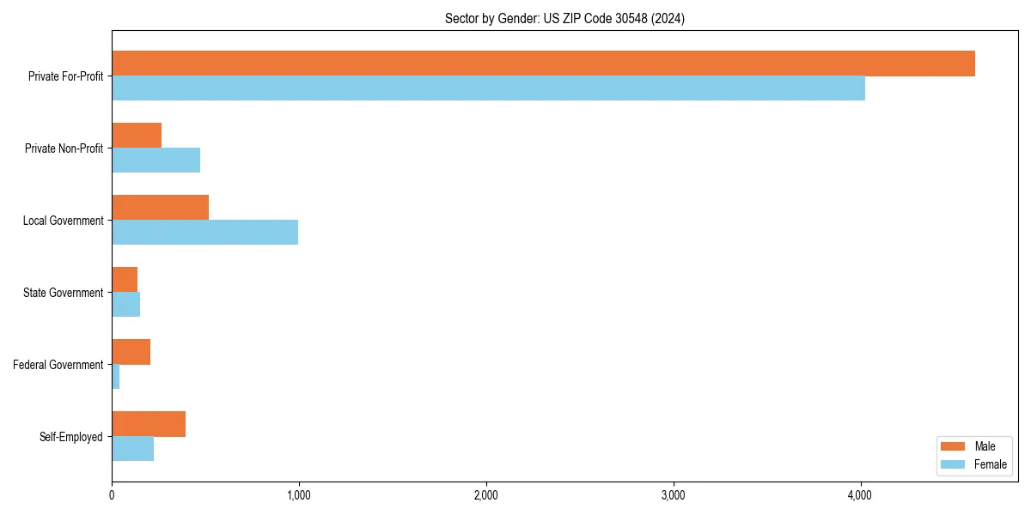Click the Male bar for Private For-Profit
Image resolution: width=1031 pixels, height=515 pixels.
pos(543,64)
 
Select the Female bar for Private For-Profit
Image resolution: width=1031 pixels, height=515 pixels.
pos(488,88)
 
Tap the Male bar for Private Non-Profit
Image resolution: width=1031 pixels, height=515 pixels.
pos(137,136)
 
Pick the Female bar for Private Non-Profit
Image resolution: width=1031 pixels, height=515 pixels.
pos(156,161)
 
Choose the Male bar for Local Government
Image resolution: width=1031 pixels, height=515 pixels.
pos(160,208)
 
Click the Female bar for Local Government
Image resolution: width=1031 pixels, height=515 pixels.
pos(204,233)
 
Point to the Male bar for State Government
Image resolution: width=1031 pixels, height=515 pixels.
pos(125,280)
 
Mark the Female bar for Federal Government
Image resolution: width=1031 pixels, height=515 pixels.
pos(116,377)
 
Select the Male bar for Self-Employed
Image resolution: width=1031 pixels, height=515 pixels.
pos(149,424)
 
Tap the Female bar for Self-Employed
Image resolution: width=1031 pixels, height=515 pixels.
pos(132,449)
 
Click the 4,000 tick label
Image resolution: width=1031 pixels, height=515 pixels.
pos(860,495)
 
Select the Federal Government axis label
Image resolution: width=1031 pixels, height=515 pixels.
pos(58,365)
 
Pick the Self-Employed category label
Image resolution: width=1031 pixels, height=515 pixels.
pos(71,437)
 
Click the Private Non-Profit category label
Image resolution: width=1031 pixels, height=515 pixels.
pos(64,148)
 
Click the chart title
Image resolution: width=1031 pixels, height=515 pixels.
pos(564,18)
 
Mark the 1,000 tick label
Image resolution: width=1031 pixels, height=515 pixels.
pos(299,495)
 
